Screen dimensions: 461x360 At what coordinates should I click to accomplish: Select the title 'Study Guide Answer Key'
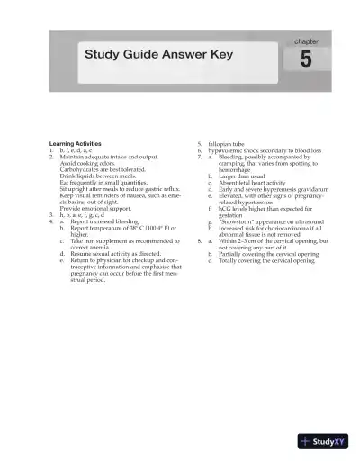(x=158, y=55)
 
